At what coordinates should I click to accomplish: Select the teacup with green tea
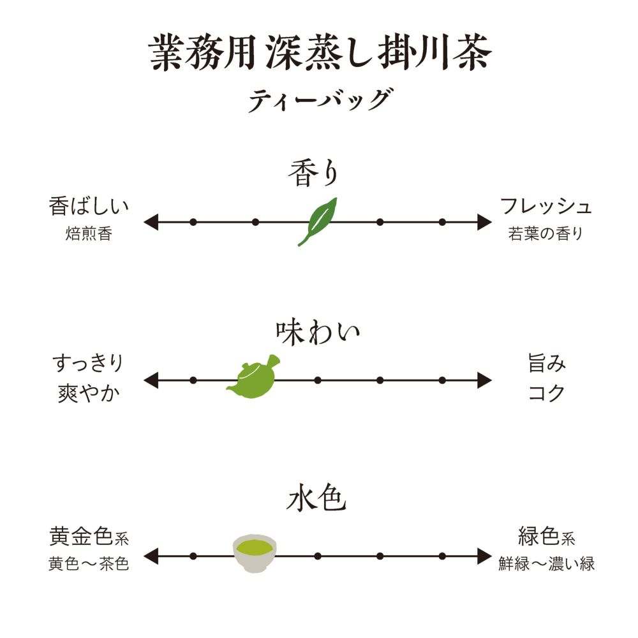(x=255, y=553)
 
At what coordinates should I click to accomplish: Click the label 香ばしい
(x=89, y=207)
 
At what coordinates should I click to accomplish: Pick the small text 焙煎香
(x=89, y=234)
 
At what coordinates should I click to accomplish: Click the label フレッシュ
(x=546, y=207)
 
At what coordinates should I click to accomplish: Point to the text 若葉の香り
(x=546, y=234)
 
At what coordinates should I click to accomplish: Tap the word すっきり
(x=88, y=364)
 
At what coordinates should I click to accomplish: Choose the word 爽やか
(x=88, y=392)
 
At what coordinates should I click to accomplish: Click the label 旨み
(x=547, y=364)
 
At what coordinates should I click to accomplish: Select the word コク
(x=547, y=392)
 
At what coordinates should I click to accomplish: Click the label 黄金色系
(x=89, y=537)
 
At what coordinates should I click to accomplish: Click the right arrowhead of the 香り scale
(x=485, y=222)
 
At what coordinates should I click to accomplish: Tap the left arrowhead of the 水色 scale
(x=151, y=556)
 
